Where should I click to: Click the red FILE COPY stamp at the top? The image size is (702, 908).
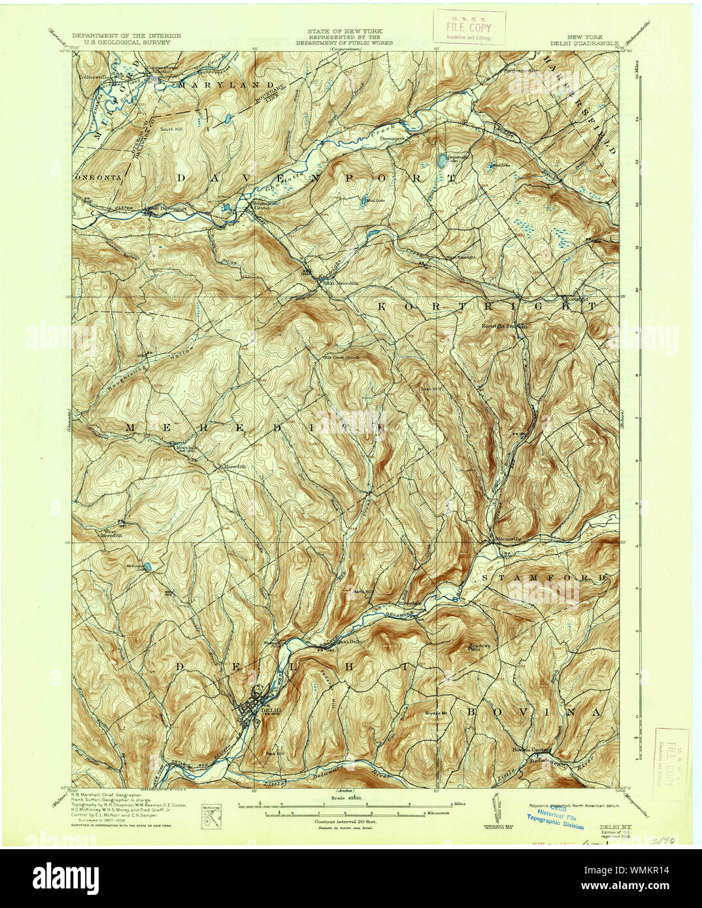468,27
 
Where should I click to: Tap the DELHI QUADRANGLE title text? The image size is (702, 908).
588,42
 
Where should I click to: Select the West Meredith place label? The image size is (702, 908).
112,532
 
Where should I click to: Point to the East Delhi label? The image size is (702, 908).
349,641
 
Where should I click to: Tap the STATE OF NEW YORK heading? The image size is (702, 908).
346,31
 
